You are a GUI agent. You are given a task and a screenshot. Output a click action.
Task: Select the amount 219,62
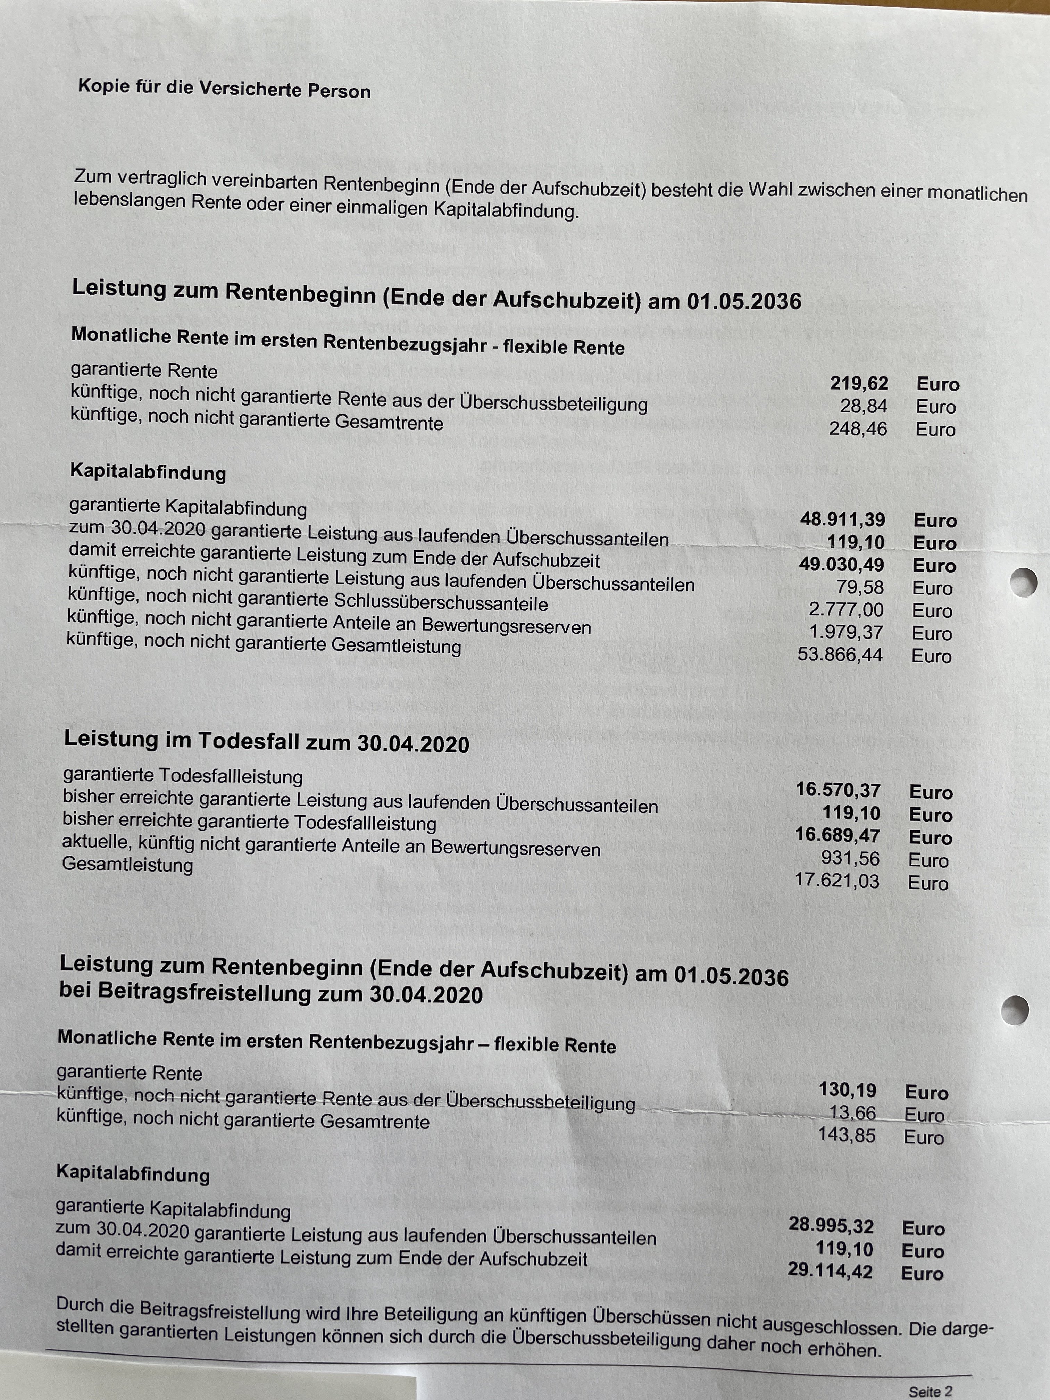pyautogui.click(x=859, y=384)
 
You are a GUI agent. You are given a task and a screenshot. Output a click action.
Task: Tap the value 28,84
pyautogui.click(x=864, y=406)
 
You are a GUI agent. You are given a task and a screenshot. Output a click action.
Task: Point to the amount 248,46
pyautogui.click(x=858, y=429)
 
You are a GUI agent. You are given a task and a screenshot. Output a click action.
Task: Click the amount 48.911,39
pyautogui.click(x=842, y=520)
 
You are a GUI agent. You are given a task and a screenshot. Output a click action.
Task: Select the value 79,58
pyautogui.click(x=859, y=587)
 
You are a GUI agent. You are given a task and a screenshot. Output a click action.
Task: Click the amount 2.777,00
pyautogui.click(x=846, y=610)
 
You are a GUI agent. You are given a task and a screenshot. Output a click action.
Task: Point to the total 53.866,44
pyautogui.click(x=840, y=655)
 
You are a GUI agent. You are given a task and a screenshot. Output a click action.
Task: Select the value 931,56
pyautogui.click(x=850, y=859)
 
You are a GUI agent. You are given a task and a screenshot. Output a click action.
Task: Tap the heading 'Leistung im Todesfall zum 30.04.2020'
pyautogui.click(x=266, y=741)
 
